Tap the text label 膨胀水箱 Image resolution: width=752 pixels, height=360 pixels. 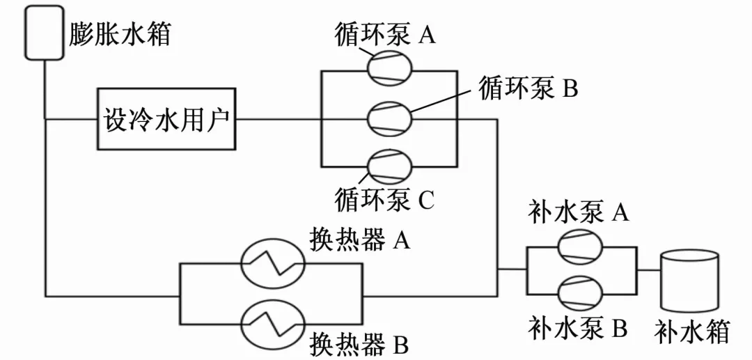[x=120, y=33]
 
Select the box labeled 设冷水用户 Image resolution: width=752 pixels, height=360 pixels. [x=166, y=119]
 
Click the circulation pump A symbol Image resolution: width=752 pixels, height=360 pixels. [x=389, y=70]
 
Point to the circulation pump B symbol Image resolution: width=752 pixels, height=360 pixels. [x=389, y=118]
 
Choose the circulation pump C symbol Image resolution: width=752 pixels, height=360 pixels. [x=389, y=166]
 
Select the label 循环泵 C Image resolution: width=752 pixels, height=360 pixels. [x=384, y=200]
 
